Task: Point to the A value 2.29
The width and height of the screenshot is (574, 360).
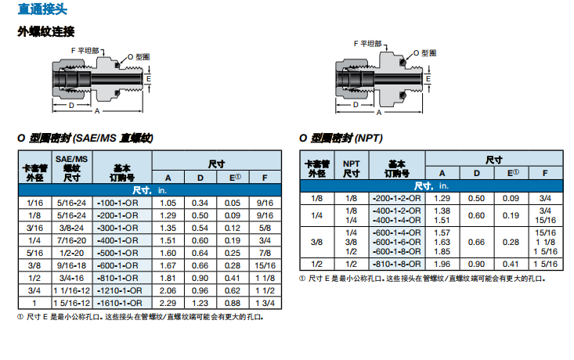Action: pos(168,303)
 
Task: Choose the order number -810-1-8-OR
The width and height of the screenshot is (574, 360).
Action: pos(396,265)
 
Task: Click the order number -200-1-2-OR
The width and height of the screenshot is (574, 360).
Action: pos(396,199)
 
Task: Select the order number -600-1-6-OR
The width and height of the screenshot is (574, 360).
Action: pos(396,242)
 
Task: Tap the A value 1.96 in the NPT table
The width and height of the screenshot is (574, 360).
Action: pos(442,265)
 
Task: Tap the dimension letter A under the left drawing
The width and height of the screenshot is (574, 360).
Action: pos(96,113)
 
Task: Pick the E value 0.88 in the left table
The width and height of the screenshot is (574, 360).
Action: pos(233,303)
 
